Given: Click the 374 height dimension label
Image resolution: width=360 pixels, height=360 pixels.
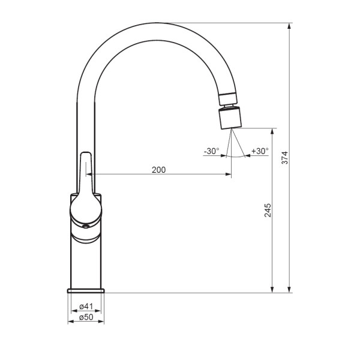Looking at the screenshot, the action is [284, 157].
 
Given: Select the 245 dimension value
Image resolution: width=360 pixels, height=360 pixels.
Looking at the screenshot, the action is [268, 210].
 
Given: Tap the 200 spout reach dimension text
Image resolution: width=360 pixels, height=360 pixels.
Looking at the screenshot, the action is [158, 170].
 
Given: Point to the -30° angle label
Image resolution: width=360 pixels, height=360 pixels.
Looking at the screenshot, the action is [211, 151].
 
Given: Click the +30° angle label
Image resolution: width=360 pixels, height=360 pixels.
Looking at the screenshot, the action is [260, 151].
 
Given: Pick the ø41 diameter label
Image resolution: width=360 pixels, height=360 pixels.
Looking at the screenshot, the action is [86, 306].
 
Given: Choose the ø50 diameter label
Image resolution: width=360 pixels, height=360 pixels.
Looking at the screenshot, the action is [86, 317].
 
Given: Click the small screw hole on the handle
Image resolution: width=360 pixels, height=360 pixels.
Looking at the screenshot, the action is [86, 227].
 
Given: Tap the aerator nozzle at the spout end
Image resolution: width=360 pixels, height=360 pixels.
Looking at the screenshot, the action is [230, 118].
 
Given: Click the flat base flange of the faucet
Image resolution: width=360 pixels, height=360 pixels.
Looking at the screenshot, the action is [86, 291].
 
